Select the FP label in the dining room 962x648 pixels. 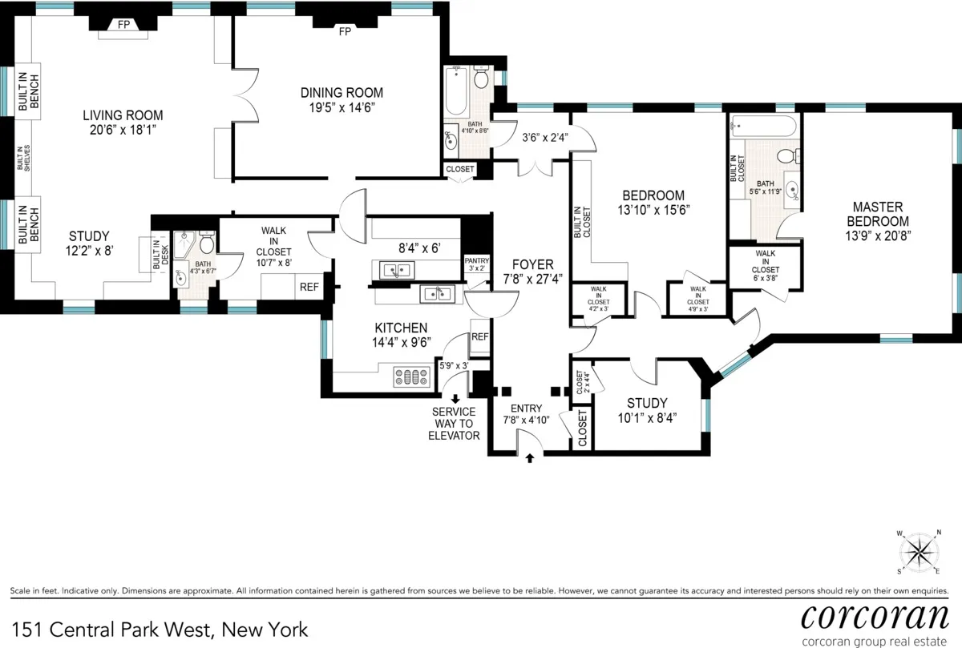(345, 32)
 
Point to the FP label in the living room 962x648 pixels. (124, 25)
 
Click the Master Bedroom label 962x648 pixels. (880, 215)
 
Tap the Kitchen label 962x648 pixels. (401, 328)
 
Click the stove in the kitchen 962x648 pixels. (412, 377)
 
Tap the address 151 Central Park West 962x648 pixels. (159, 629)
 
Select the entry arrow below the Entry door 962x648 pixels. (530, 458)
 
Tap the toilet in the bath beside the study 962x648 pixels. (206, 242)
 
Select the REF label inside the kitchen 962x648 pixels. (479, 337)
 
